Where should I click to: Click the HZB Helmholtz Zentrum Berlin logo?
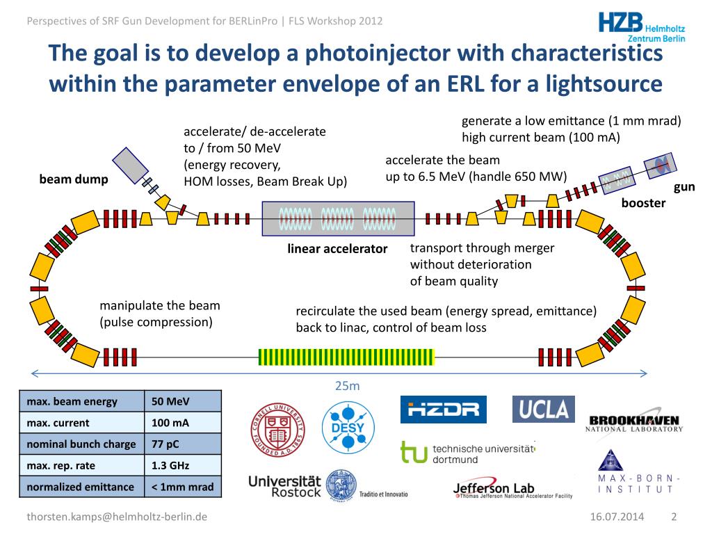642,28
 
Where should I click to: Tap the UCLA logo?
544,409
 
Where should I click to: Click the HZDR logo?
443,410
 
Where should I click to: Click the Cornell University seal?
278,430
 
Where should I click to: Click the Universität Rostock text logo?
285,486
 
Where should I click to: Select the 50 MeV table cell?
182,401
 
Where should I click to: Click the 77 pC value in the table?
182,444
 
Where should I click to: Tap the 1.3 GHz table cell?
182,465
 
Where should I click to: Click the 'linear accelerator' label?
337,248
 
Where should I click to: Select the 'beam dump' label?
74,179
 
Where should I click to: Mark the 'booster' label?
643,203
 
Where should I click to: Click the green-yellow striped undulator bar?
346,357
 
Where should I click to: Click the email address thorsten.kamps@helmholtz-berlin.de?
117,517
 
